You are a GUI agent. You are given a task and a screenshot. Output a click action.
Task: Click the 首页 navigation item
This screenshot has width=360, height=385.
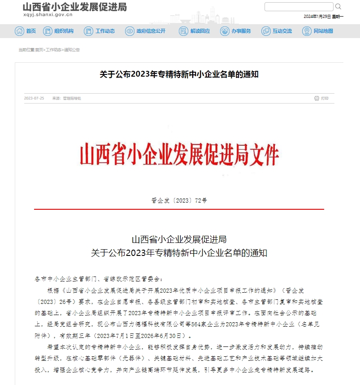point(26,31)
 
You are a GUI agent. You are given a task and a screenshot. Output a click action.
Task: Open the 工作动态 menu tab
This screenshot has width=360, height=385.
point(100,31)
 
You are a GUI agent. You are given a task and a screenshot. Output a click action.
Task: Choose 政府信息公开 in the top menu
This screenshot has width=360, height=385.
point(146,31)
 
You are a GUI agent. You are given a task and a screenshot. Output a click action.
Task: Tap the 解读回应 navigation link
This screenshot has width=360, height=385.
point(195,31)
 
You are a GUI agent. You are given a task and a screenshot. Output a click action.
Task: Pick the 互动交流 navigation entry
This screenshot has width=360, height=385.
point(277,31)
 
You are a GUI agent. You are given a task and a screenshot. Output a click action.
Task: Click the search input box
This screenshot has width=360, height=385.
point(299,7)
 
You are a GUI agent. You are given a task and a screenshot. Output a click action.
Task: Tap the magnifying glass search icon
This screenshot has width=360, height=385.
point(338,7)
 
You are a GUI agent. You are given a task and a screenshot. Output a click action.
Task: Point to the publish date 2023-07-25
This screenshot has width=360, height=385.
point(34,99)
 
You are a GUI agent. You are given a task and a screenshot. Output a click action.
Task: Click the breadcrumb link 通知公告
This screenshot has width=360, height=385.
point(72,50)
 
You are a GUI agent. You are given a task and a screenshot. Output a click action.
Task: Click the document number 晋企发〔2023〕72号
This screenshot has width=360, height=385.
point(179,201)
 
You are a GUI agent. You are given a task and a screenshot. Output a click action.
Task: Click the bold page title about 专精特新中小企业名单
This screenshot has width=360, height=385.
point(179,74)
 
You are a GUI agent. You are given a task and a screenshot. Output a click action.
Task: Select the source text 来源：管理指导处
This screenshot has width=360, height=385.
point(66,99)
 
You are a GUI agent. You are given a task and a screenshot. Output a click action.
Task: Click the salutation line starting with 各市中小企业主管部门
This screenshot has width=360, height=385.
point(96,279)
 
